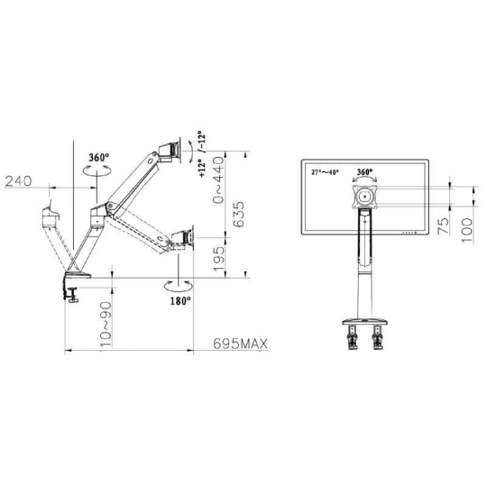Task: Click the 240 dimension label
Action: (x=19, y=180)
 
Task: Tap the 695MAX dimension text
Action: (x=240, y=344)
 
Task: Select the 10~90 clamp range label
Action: (x=106, y=325)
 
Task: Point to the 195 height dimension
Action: (x=219, y=259)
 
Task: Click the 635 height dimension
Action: (x=239, y=215)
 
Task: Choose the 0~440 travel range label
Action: (x=218, y=179)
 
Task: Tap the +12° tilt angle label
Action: (x=202, y=168)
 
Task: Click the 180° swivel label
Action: (x=180, y=300)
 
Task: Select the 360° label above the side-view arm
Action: (x=99, y=158)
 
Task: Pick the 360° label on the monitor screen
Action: (x=365, y=171)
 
